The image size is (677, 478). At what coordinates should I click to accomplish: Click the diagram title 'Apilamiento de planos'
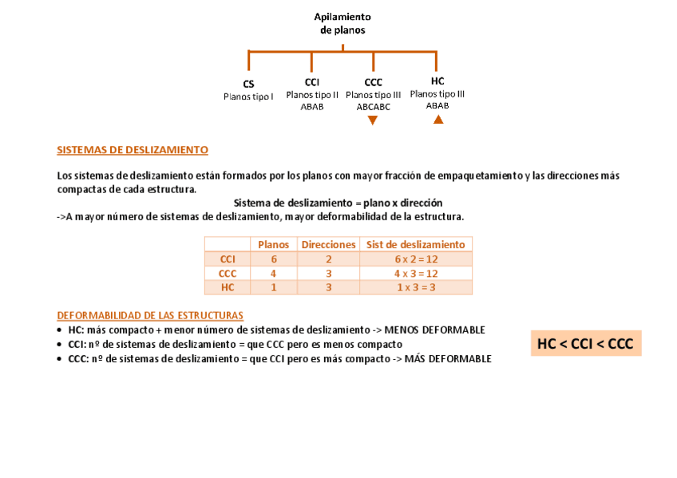[x=342, y=23]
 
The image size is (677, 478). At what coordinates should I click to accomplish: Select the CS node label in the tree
[x=248, y=84]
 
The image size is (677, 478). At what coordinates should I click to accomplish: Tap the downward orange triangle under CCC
[x=373, y=120]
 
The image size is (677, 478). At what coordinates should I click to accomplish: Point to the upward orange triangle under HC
[x=437, y=120]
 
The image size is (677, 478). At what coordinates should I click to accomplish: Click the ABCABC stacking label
[x=373, y=107]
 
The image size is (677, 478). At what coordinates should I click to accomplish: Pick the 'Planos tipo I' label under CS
[x=248, y=97]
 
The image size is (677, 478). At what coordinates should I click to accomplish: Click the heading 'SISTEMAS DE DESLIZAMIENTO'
[x=133, y=150]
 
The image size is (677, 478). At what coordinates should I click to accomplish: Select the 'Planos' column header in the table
[x=273, y=244]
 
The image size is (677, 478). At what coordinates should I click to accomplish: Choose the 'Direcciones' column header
[x=328, y=244]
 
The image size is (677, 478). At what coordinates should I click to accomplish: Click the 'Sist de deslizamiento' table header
[x=415, y=244]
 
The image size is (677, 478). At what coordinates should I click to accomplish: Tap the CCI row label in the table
[x=228, y=259]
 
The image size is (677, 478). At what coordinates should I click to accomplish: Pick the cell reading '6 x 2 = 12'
[x=416, y=259]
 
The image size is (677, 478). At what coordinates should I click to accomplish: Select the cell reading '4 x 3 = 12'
[x=416, y=274]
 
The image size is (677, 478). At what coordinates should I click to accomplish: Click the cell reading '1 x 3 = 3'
[x=416, y=288]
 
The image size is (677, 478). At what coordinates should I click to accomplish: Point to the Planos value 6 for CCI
[x=273, y=259]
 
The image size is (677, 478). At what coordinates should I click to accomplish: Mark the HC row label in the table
[x=228, y=288]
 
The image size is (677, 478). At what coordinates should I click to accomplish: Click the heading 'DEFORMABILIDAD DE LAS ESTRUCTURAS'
[x=150, y=315]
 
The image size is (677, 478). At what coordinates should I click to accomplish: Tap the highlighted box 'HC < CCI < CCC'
[x=585, y=344]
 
